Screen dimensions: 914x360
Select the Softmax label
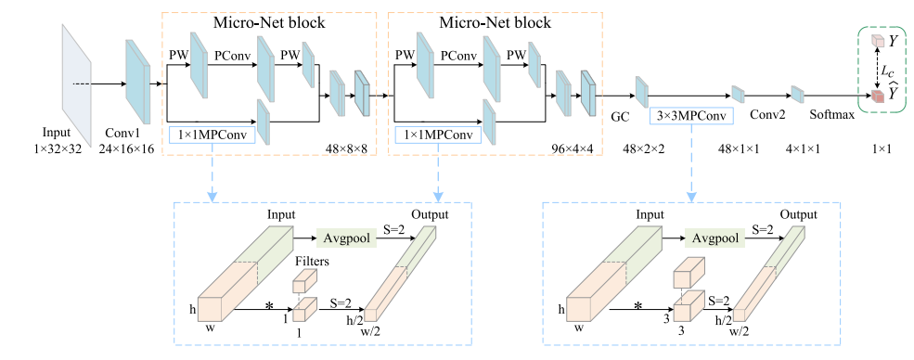(831, 115)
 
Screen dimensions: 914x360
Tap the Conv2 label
(767, 115)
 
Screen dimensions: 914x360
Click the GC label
(619, 116)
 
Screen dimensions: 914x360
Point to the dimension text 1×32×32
(57, 149)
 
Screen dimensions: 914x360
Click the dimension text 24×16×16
(125, 149)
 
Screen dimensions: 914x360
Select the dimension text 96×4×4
(573, 149)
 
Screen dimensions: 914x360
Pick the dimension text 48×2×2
(644, 149)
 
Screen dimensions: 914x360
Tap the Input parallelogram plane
(76, 84)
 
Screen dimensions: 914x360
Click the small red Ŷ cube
(877, 96)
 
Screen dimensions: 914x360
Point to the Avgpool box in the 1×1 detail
(346, 238)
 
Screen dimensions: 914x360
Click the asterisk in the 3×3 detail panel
(638, 305)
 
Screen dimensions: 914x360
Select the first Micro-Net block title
(269, 22)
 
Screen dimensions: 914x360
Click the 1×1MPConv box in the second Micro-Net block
(438, 135)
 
